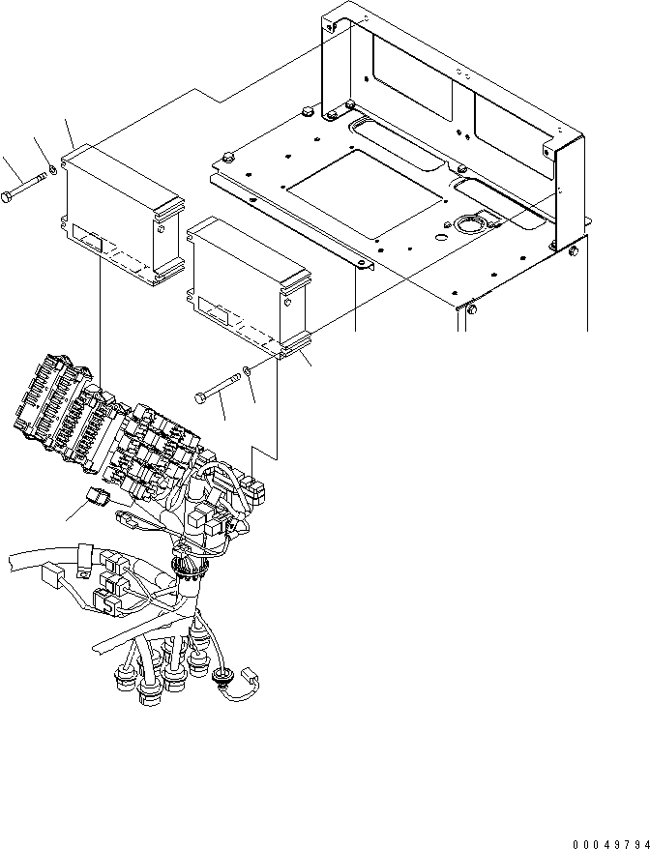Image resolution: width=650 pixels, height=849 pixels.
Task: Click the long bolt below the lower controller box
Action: coord(221,388)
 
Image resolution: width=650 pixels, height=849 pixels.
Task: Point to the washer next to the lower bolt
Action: coord(249,370)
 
